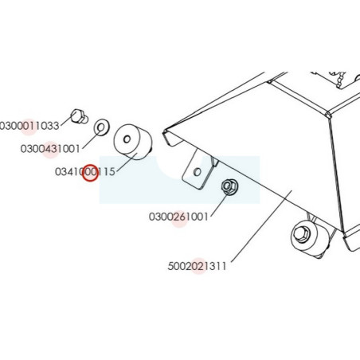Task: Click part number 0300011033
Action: point(29,126)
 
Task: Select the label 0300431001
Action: point(50,149)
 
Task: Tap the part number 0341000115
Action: point(85,172)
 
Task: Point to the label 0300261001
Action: point(178,217)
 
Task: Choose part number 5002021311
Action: point(197,266)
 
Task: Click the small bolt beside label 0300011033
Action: point(79,117)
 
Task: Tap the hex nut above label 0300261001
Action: point(229,186)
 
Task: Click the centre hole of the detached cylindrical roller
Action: point(127,139)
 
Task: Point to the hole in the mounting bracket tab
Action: point(198,172)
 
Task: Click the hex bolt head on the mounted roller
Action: point(302,233)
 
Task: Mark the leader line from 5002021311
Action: point(262,226)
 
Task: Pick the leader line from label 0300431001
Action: point(92,139)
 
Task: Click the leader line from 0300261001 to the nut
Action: point(219,205)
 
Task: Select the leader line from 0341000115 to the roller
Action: point(127,162)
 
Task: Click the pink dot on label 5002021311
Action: point(198,266)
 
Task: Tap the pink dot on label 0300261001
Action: point(179,220)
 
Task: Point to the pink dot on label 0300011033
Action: point(29,127)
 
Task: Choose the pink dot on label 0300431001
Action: point(50,150)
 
